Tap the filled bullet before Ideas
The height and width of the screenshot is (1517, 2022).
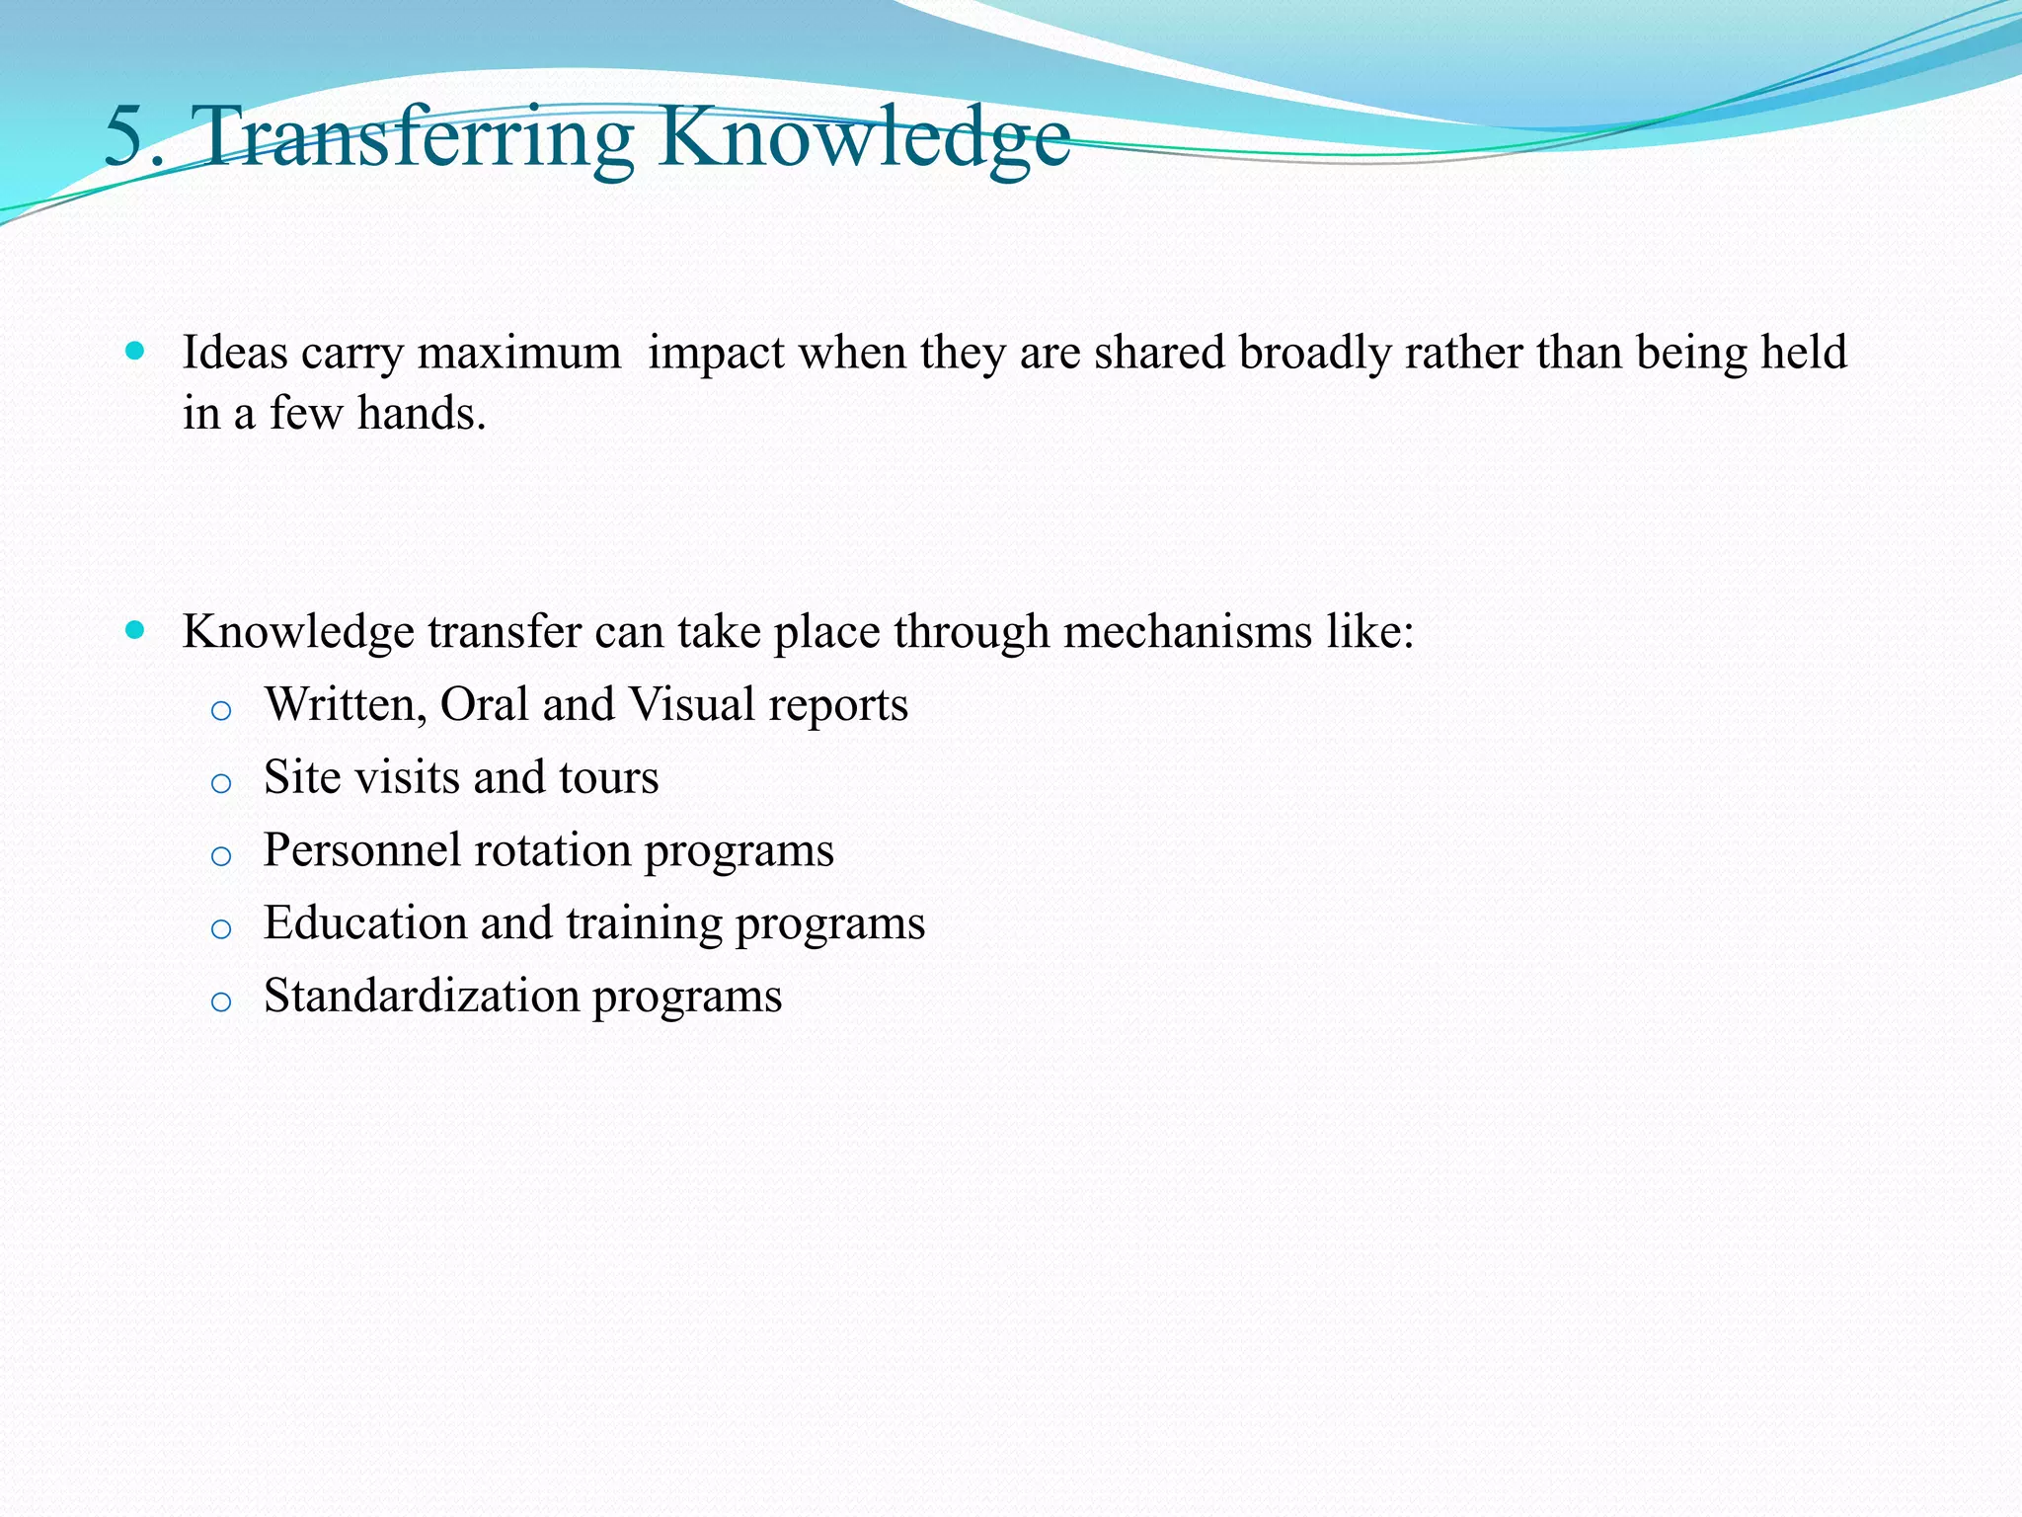pos(136,351)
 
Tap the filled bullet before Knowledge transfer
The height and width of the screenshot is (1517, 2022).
pos(136,630)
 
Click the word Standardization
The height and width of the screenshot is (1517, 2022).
pos(422,996)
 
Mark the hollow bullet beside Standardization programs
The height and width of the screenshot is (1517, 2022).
pos(221,1002)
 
